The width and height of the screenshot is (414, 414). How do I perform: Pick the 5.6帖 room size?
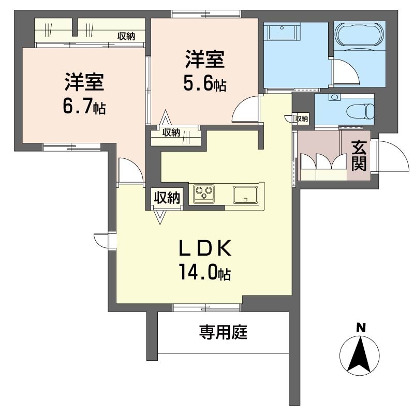click(x=204, y=83)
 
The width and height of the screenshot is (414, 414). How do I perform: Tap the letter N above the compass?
click(x=360, y=327)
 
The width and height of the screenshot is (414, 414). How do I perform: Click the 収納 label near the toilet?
click(x=301, y=119)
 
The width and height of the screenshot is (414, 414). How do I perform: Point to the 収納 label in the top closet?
click(x=126, y=36)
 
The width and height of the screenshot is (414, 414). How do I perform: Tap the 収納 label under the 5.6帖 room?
click(x=171, y=132)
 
